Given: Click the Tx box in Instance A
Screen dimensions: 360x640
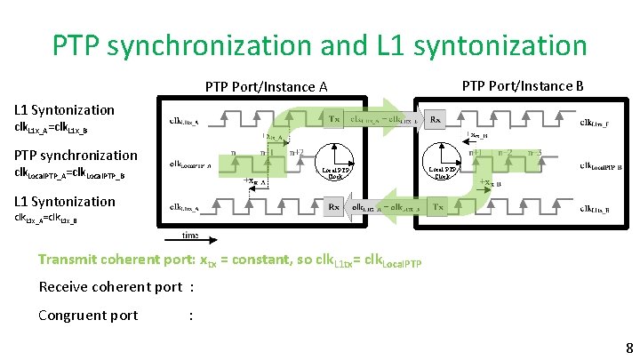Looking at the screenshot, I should click(334, 118).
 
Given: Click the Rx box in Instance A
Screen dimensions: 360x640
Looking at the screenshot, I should click(333, 207).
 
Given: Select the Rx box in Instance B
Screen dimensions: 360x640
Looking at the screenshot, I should click(436, 118).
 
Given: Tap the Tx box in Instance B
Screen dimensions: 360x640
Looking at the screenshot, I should click(436, 207).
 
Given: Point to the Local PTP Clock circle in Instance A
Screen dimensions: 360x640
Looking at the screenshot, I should click(336, 163).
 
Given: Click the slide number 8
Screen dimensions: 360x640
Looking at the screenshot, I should click(629, 348).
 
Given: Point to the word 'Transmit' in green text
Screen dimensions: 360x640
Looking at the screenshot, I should click(68, 260).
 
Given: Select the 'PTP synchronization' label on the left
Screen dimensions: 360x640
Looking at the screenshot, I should click(76, 156).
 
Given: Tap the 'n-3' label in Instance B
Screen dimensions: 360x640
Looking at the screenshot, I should click(533, 152).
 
